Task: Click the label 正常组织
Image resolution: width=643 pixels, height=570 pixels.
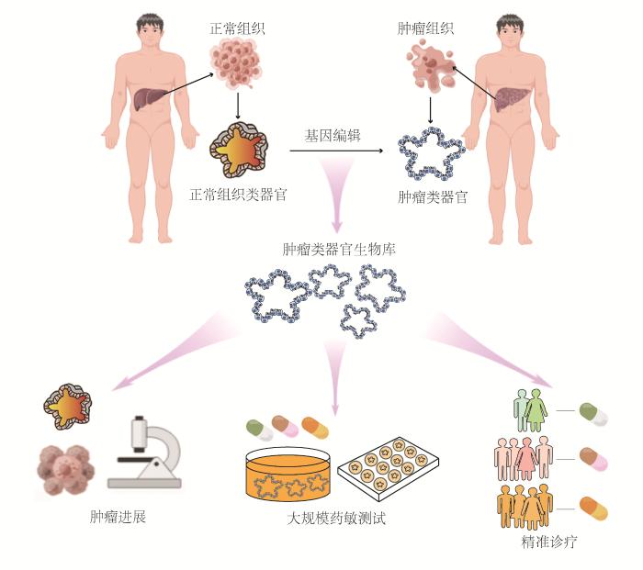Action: point(237,28)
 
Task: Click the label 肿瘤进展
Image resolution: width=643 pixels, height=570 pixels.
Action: point(119,516)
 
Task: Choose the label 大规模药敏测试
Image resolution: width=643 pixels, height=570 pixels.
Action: point(336,519)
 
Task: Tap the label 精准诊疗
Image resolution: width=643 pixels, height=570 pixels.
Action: point(547,542)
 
